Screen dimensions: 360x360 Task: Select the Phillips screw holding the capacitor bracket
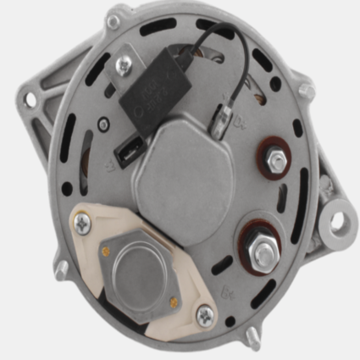[x=125, y=62]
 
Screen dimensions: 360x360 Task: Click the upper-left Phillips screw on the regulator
[x=82, y=224]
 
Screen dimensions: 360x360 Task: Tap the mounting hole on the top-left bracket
[x=31, y=100]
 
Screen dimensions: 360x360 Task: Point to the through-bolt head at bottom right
[x=255, y=342]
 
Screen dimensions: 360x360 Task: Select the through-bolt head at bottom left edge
[x=62, y=269]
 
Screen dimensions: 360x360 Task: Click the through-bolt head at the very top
[x=114, y=12]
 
